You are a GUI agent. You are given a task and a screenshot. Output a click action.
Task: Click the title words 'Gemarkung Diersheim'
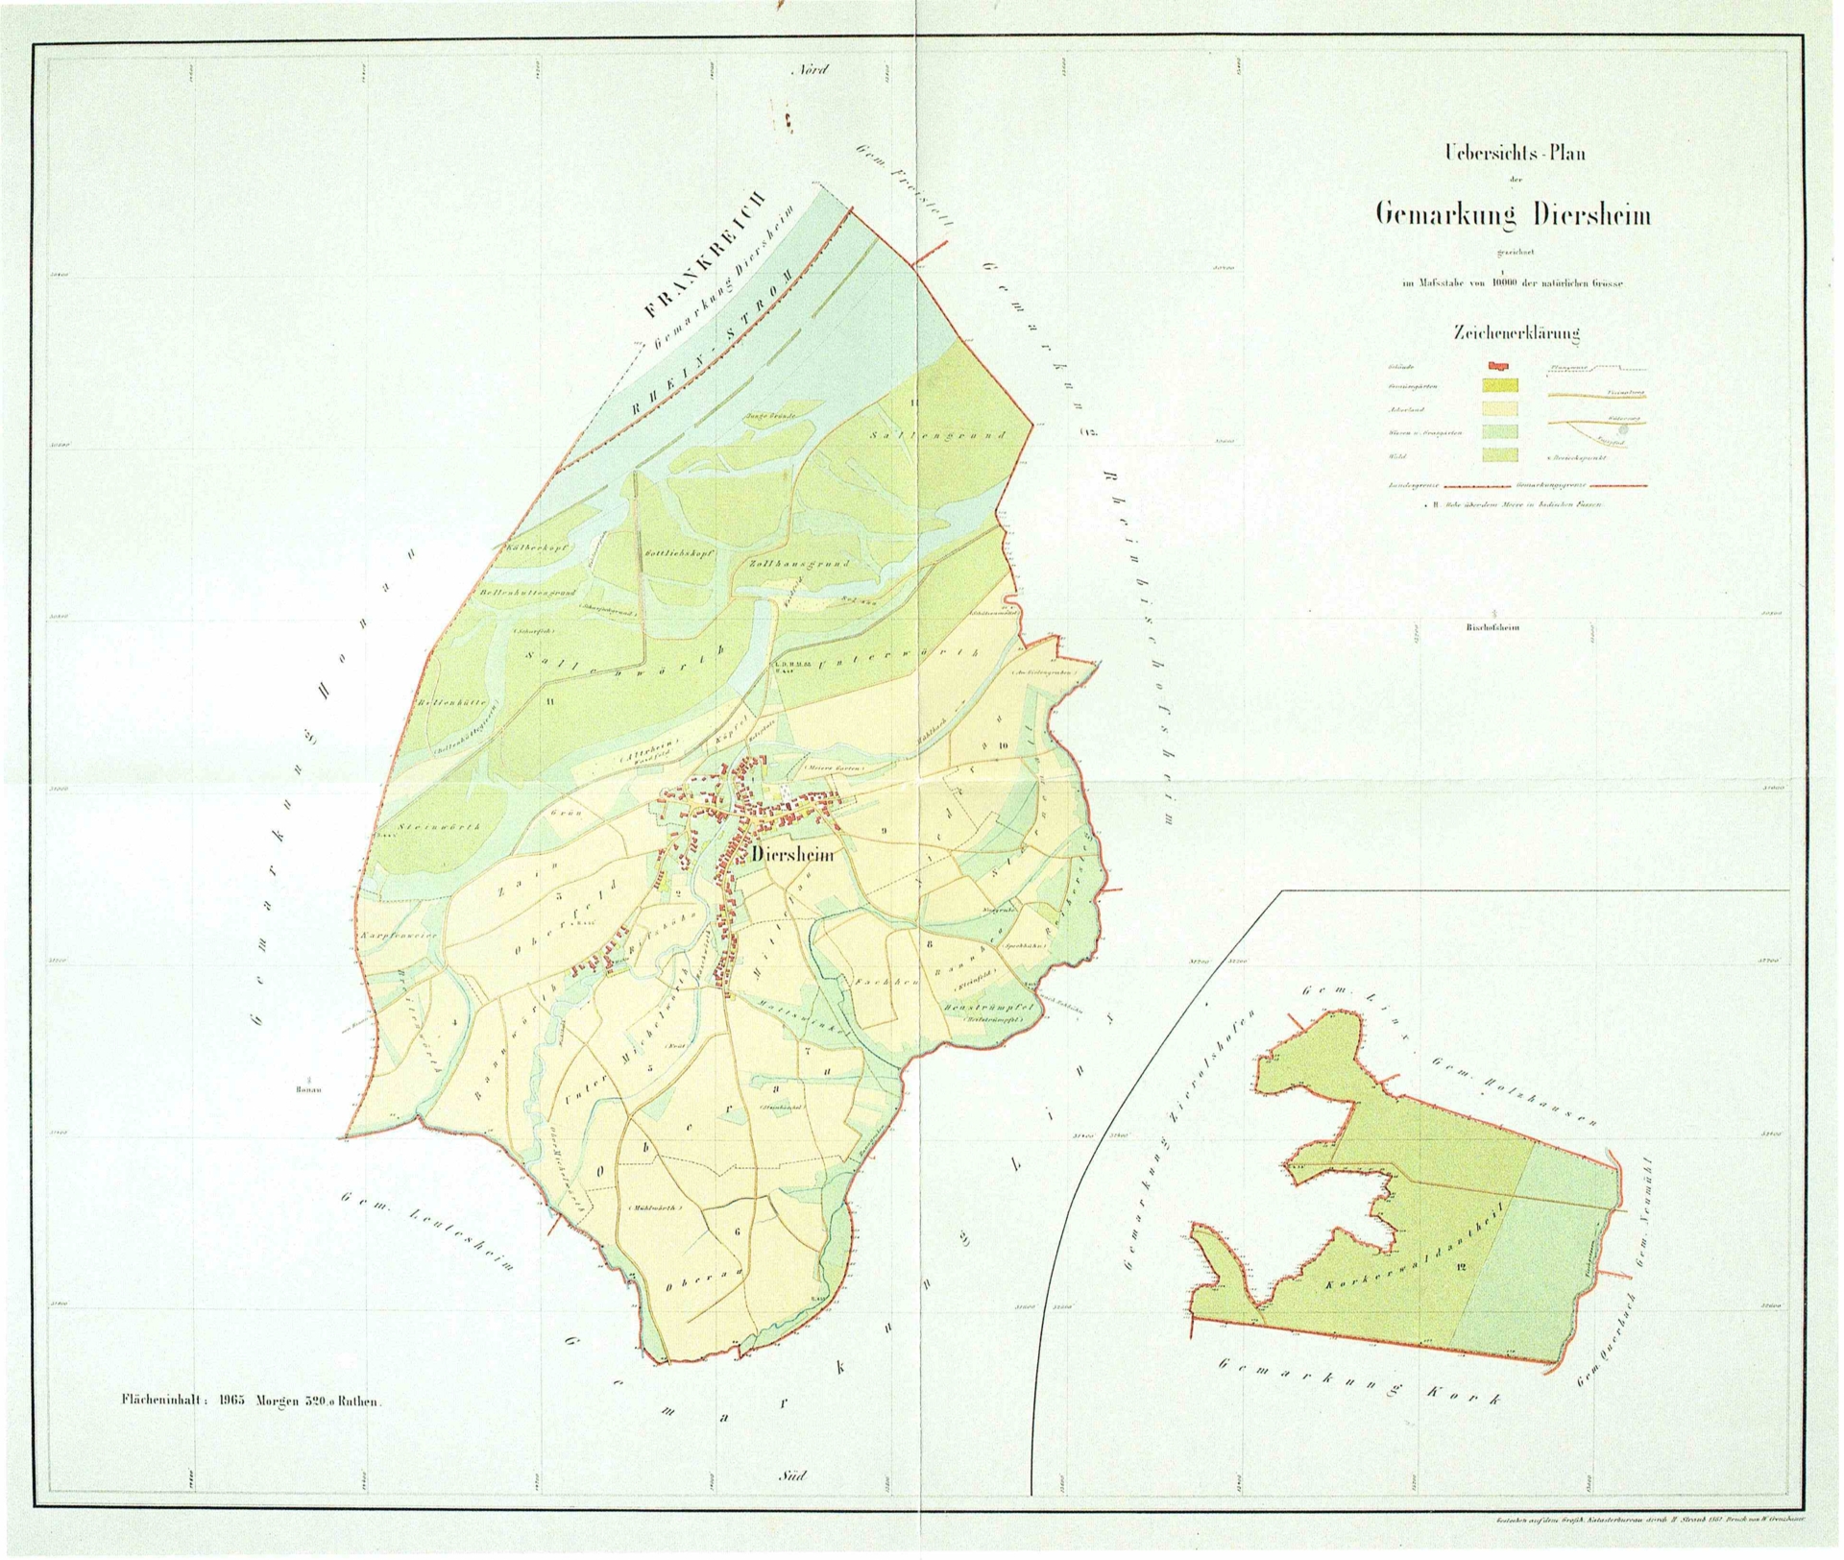[x=1514, y=214]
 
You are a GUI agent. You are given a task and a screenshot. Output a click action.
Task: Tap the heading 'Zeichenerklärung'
[x=1516, y=333]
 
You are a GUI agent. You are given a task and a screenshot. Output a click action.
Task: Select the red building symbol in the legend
[x=1500, y=366]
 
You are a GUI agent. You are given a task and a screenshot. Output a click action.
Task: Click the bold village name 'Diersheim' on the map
[x=793, y=854]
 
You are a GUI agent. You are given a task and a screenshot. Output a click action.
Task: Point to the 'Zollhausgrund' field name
[x=797, y=564]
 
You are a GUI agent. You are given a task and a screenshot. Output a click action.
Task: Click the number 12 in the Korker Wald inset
[x=1462, y=1266]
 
